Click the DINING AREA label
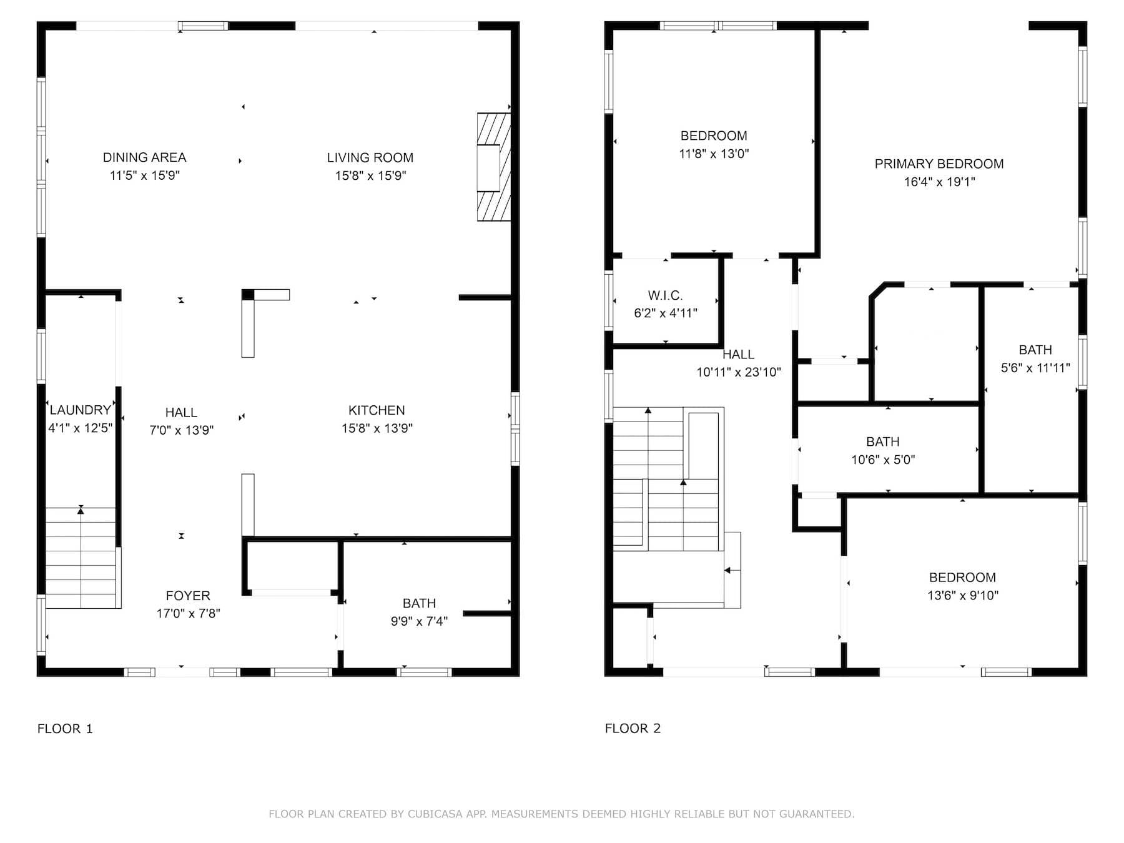point(144,157)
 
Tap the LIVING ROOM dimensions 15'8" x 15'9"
point(370,175)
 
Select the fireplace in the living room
point(494,167)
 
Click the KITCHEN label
point(377,410)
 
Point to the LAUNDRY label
point(81,410)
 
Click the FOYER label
point(188,596)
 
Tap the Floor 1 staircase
point(82,558)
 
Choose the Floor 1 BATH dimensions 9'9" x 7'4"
point(419,621)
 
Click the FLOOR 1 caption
point(65,729)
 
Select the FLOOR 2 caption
point(633,729)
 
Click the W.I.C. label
point(665,295)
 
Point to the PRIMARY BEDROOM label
point(939,164)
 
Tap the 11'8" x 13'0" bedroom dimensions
point(714,154)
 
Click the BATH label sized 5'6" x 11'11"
point(1035,350)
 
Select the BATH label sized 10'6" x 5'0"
point(883,441)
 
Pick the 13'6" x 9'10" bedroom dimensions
point(963,596)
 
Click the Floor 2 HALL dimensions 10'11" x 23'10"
point(739,372)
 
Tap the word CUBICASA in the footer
point(435,814)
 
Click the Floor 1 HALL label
point(181,412)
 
